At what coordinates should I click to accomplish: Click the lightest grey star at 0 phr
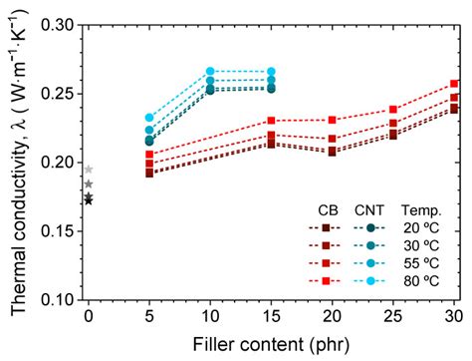(x=89, y=170)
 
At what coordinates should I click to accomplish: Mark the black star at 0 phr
(x=89, y=200)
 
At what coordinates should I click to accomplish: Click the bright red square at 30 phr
(x=455, y=84)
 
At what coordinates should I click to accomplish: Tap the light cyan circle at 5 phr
(x=149, y=118)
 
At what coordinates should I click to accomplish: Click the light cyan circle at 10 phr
(x=210, y=72)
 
